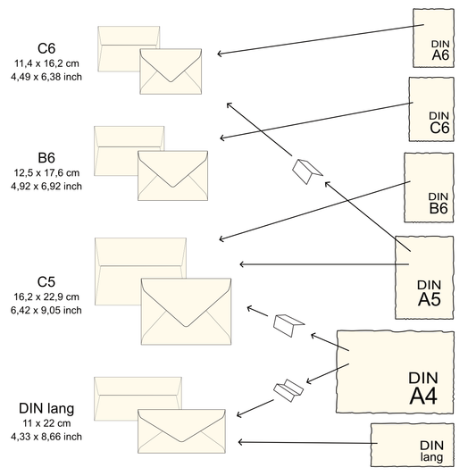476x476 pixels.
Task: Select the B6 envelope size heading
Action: tap(46, 157)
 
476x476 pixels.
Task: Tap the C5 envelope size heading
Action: tap(46, 280)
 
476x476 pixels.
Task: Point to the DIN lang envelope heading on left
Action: tap(46, 409)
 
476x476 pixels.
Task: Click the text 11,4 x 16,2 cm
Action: tap(46, 63)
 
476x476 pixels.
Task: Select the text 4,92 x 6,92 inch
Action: tap(46, 186)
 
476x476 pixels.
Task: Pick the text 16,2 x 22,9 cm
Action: tap(46, 296)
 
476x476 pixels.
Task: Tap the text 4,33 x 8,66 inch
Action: tap(46, 437)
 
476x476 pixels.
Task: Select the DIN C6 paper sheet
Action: tap(432, 109)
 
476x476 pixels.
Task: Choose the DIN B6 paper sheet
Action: tap(430, 188)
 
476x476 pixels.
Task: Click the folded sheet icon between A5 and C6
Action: tap(307, 171)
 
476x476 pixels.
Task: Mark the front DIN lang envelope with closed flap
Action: tap(181, 430)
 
